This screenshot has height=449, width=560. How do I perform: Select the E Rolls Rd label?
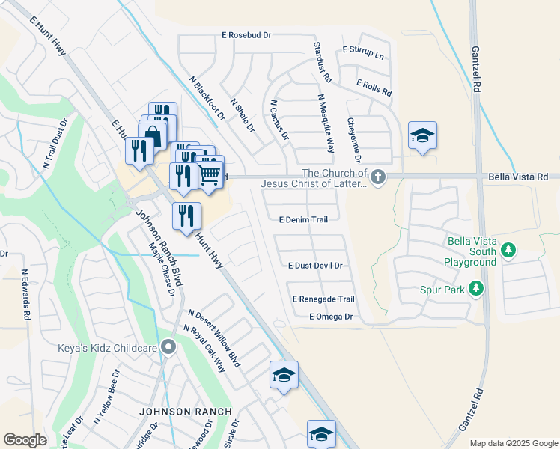tap(374, 88)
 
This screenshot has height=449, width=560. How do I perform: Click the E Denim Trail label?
tap(303, 220)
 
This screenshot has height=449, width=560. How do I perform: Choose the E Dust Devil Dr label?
tap(315, 266)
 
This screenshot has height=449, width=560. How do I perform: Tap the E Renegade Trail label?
tap(323, 299)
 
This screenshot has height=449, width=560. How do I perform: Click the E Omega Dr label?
tap(330, 317)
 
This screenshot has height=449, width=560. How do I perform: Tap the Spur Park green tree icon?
tap(475, 288)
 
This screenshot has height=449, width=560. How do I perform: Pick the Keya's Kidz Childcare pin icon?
tap(169, 346)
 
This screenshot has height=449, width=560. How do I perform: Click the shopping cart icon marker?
tap(210, 174)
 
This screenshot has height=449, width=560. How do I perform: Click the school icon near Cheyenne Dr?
tap(422, 135)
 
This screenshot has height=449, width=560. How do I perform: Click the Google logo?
tap(25, 440)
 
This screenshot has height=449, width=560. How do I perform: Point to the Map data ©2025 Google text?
tap(514, 443)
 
